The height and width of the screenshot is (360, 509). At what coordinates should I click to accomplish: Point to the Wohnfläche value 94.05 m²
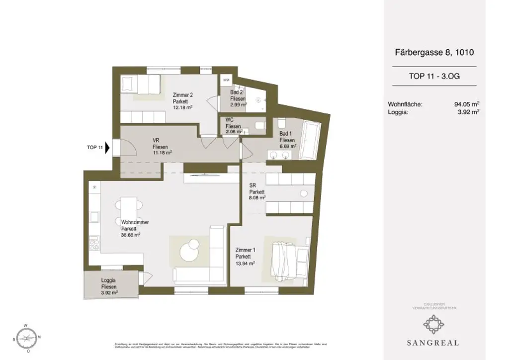click(466, 104)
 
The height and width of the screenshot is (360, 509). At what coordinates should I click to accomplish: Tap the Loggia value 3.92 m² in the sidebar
click(468, 112)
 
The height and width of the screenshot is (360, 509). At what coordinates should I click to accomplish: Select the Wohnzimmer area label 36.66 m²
click(131, 235)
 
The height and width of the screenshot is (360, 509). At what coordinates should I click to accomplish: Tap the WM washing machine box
click(226, 80)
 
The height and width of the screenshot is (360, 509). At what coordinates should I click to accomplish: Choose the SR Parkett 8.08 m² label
click(257, 191)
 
